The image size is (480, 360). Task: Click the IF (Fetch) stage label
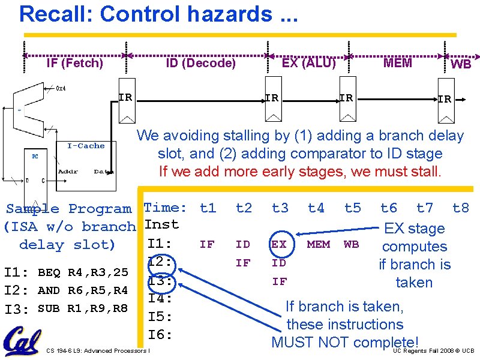[x=75, y=63]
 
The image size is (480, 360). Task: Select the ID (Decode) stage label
[x=200, y=63]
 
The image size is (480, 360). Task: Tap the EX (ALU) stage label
[x=308, y=62]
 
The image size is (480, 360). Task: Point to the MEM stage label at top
[x=397, y=63]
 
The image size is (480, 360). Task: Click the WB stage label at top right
[x=460, y=64]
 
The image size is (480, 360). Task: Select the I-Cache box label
[x=86, y=146]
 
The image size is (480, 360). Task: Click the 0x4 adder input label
[x=61, y=89]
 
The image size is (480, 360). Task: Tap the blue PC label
[x=35, y=157]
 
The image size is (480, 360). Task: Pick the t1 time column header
[x=208, y=208]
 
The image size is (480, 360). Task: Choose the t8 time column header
[x=460, y=208]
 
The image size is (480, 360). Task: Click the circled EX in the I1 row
[x=279, y=245]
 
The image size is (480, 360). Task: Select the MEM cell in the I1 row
[x=318, y=244]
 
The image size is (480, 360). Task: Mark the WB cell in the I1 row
[x=351, y=244]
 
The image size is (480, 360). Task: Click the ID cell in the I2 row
[x=279, y=263]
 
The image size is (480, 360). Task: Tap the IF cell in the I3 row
[x=279, y=281]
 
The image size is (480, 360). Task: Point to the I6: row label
[x=160, y=334]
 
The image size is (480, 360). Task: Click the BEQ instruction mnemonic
[x=49, y=273]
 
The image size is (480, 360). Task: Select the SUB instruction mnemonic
[x=49, y=309]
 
